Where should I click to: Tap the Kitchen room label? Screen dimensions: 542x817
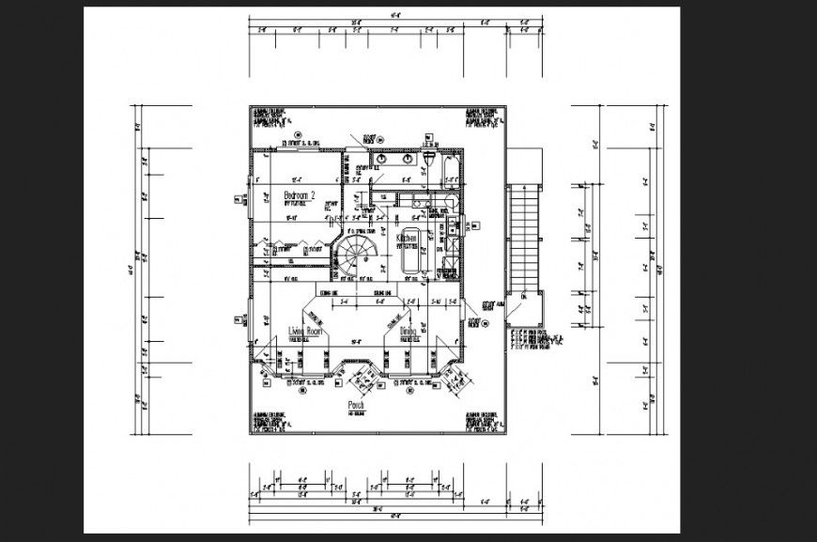pos(407,240)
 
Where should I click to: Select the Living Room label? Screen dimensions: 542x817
pos(305,332)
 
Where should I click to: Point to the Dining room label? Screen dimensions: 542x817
pos(408,332)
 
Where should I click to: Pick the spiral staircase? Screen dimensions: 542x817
pos(358,253)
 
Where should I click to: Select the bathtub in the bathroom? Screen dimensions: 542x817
pos(450,173)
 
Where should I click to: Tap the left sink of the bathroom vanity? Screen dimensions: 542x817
pos(385,160)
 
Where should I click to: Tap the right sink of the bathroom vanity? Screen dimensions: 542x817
pos(407,160)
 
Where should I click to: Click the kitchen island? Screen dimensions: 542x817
pos(411,248)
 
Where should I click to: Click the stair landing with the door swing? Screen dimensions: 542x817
pos(523,307)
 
